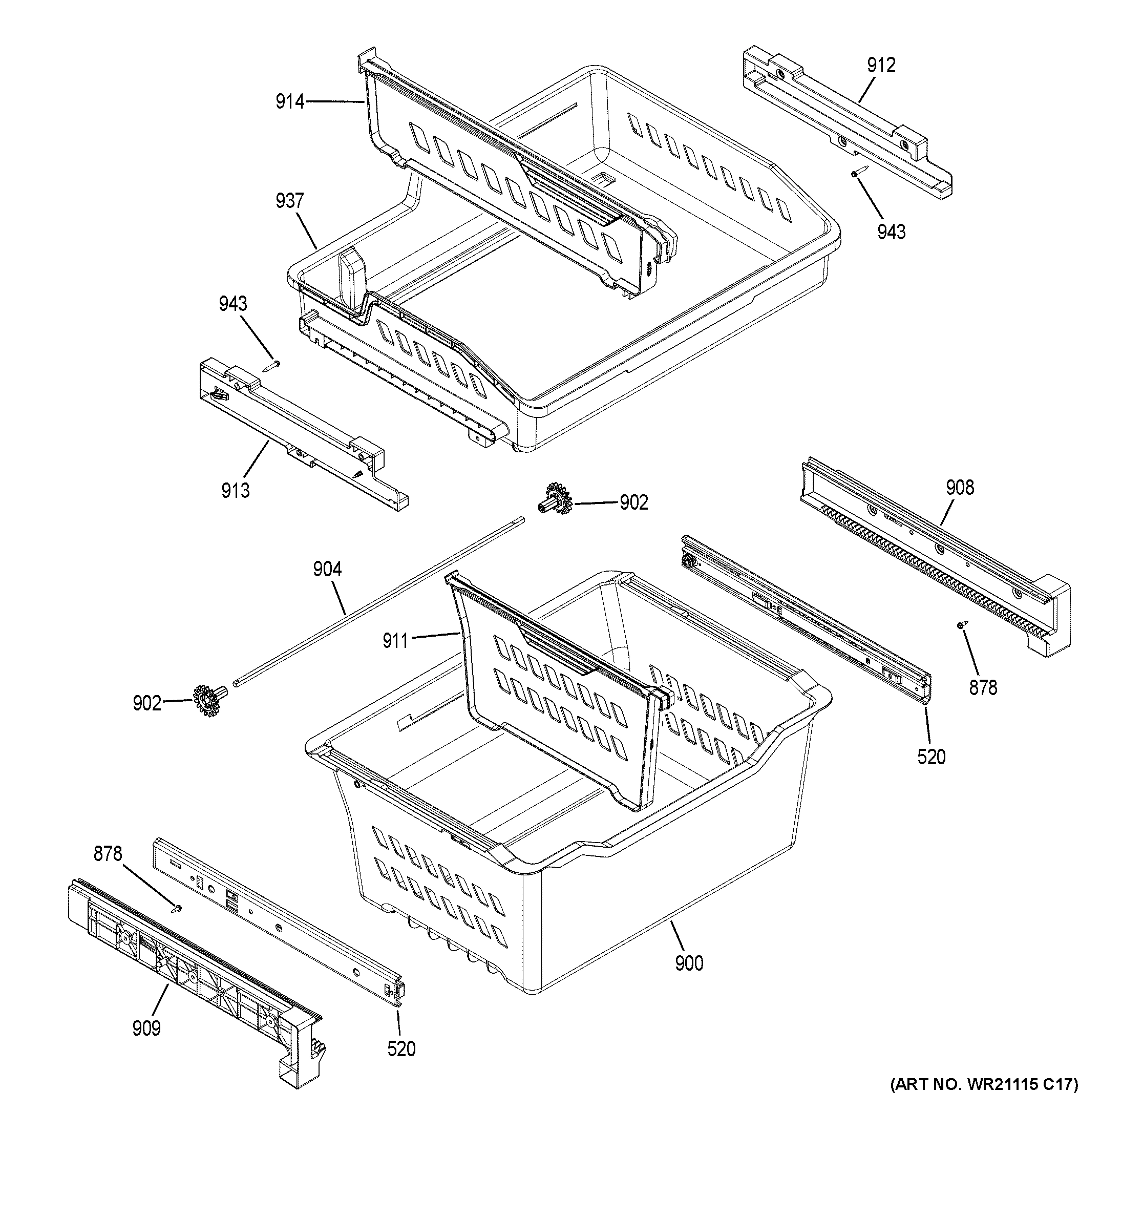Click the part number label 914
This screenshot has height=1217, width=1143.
[x=289, y=101]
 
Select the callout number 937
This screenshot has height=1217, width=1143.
[x=289, y=200]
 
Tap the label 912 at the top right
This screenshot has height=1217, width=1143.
[x=880, y=66]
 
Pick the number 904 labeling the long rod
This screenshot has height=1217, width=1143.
[x=327, y=570]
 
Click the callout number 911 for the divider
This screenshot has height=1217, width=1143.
[x=395, y=641]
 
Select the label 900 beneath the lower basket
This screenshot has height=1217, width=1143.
[x=689, y=963]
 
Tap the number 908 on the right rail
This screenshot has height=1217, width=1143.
[x=960, y=487]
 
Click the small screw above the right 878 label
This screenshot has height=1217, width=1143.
[x=962, y=624]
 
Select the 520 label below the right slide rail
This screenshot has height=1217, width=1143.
[x=932, y=757]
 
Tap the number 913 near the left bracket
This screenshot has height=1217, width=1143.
[x=236, y=490]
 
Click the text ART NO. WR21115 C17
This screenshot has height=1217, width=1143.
[x=983, y=1102]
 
